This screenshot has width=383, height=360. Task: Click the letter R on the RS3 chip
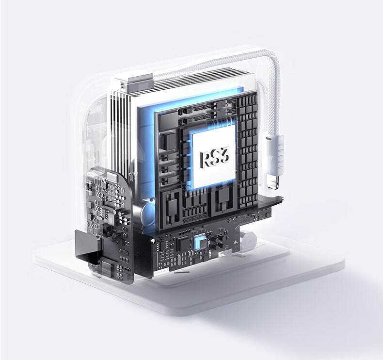coord(205,160)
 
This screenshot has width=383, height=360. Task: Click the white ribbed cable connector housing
coord(273,153)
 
